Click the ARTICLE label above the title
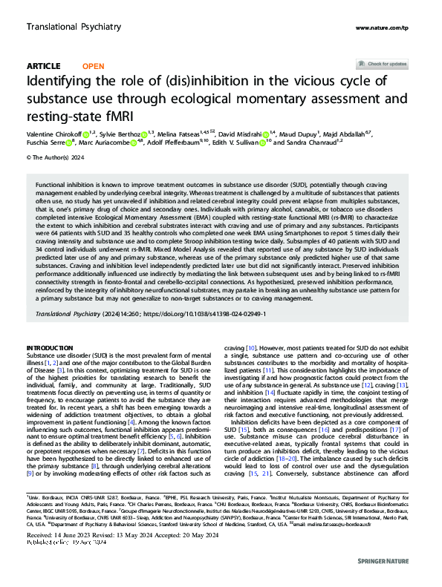(x=43, y=66)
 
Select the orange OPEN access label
(x=93, y=66)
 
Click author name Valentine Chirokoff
(x=53, y=134)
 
